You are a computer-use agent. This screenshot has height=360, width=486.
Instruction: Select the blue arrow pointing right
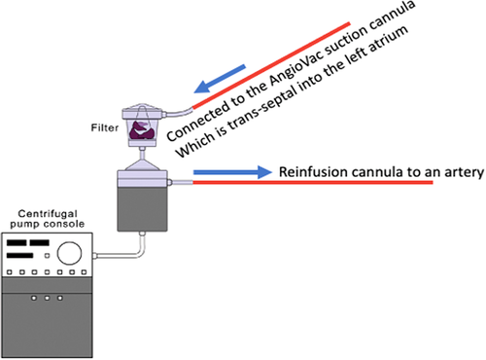[x=233, y=173]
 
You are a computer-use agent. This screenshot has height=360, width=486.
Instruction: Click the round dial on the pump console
[x=69, y=252]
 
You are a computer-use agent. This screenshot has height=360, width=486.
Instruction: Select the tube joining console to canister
[x=121, y=256]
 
